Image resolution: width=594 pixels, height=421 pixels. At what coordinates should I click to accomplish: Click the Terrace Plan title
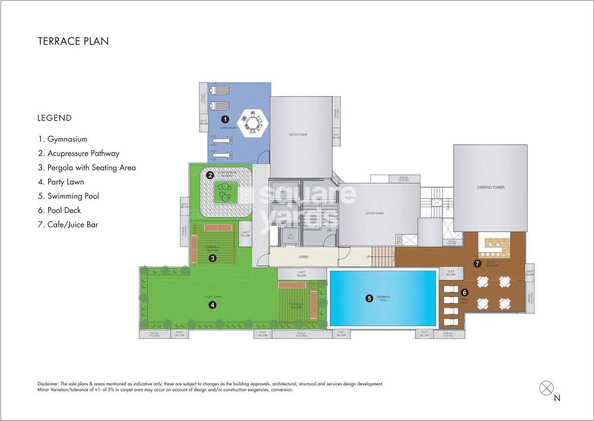tap(73, 41)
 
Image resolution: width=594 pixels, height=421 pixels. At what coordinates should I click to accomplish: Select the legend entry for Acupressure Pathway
tap(79, 153)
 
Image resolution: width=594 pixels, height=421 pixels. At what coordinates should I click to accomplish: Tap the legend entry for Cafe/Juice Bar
tap(68, 225)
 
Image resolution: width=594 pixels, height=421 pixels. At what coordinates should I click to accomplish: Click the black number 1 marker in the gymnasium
tap(225, 119)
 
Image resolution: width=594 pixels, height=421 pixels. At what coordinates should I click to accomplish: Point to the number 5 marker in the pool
tap(370, 298)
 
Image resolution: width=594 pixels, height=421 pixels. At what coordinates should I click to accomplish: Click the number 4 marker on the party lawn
tap(213, 305)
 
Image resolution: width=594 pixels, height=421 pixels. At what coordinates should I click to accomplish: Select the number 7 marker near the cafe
tap(477, 264)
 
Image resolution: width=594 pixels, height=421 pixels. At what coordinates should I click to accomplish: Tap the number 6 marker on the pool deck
tap(464, 292)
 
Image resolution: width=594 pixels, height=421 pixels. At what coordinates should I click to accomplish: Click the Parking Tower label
tap(490, 187)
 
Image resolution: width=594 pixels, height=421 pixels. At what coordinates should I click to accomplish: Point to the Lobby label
tap(304, 257)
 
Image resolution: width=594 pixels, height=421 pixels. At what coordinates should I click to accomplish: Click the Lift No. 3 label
tap(290, 236)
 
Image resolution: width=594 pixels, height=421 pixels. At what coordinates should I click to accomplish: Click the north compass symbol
tap(546, 388)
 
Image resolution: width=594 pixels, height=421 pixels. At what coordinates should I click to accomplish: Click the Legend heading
tap(54, 118)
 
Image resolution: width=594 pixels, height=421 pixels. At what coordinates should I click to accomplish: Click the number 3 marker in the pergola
tap(213, 258)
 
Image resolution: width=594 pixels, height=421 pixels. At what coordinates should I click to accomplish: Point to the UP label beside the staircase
tap(368, 257)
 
